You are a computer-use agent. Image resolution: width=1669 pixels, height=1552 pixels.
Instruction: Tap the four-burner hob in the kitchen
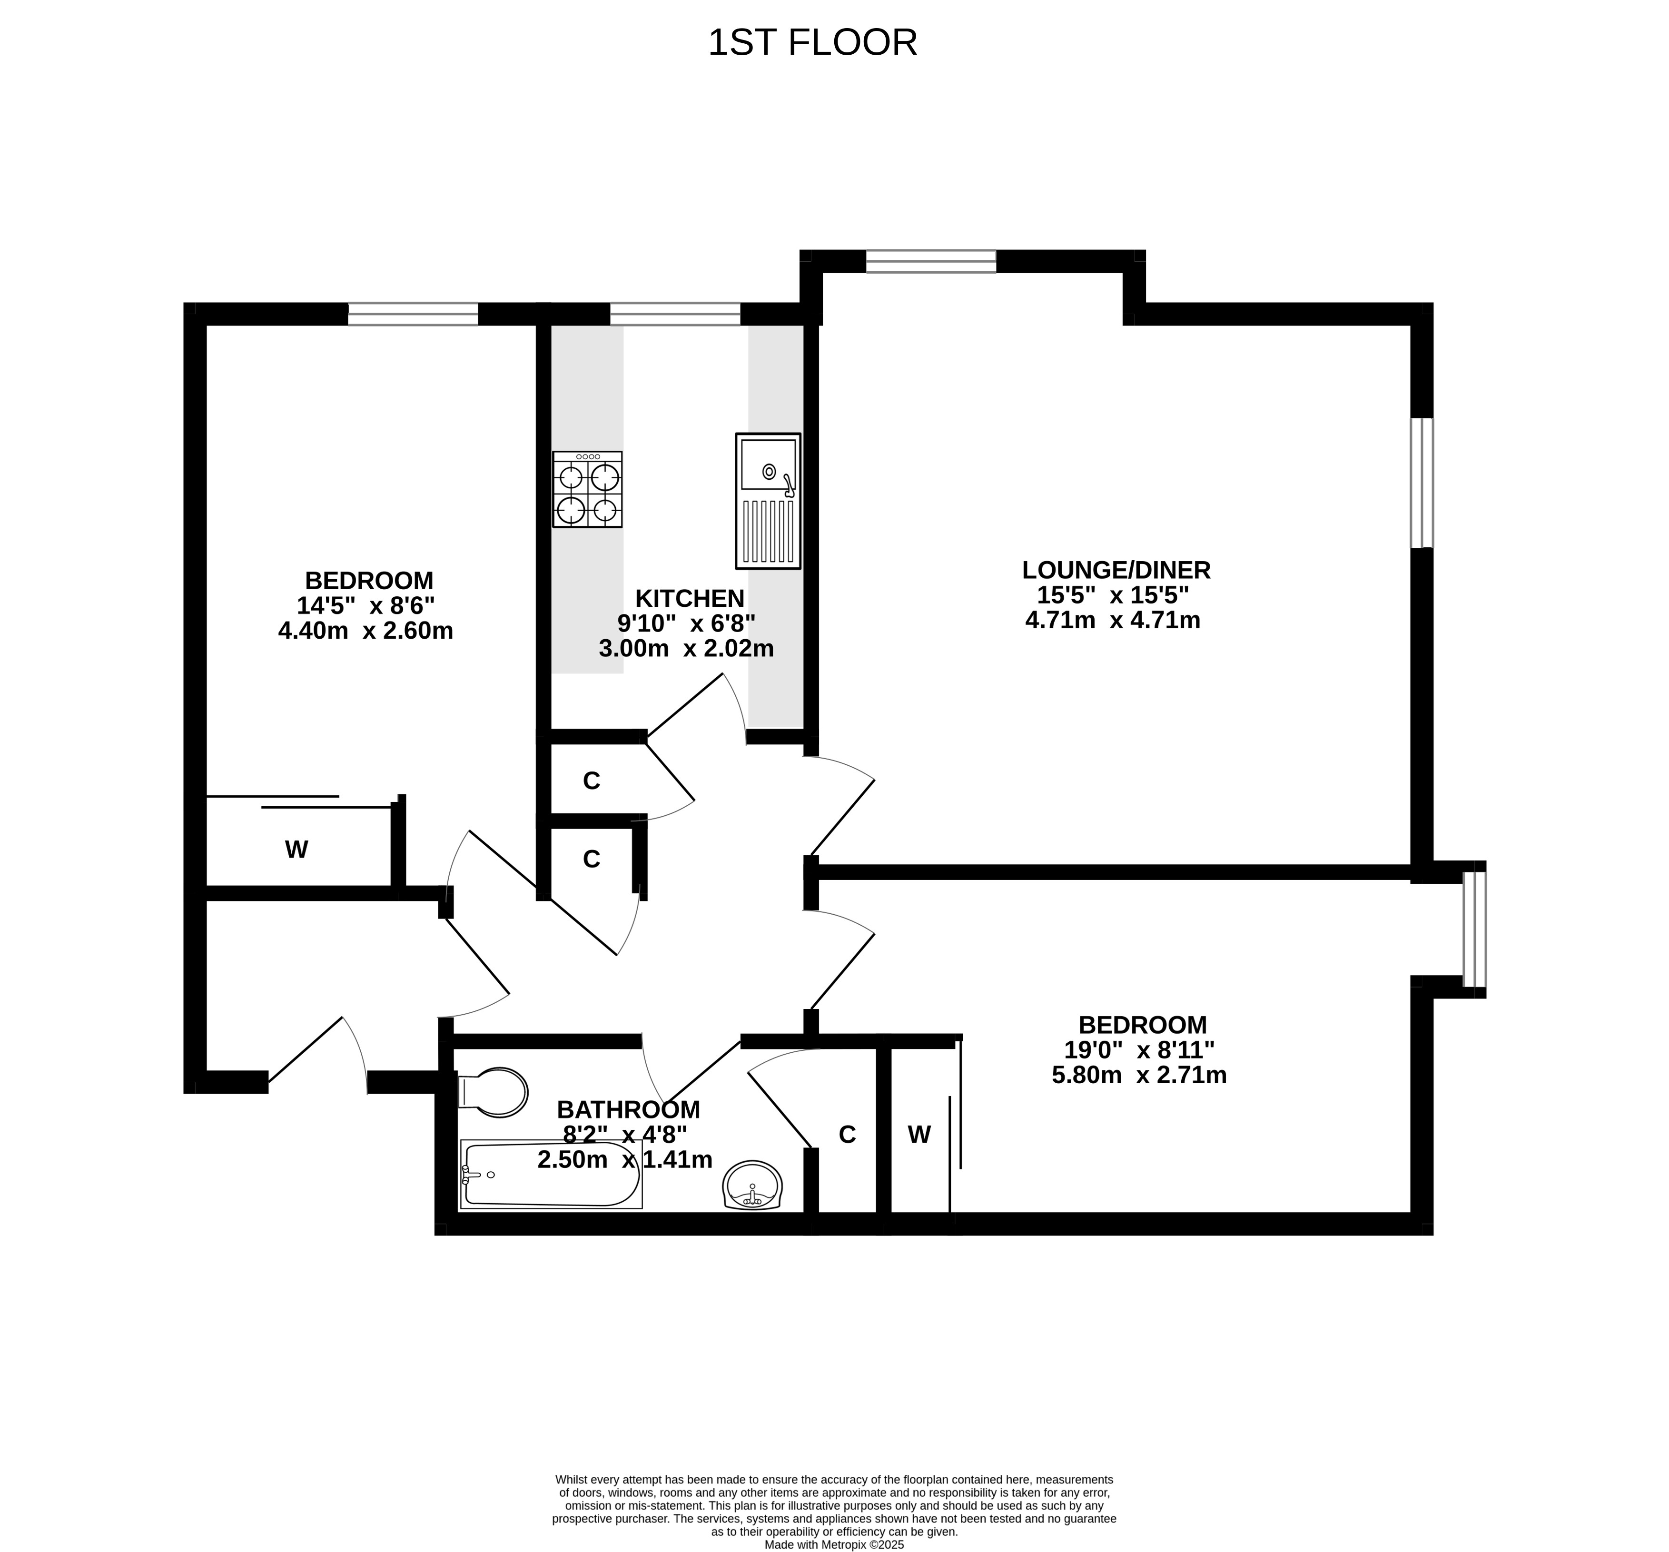[588, 489]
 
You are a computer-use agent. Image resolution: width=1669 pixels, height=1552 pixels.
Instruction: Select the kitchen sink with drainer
[768, 501]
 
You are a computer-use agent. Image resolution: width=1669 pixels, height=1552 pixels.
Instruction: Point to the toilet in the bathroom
[493, 1092]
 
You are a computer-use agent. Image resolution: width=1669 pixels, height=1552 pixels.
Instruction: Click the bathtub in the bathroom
[552, 1174]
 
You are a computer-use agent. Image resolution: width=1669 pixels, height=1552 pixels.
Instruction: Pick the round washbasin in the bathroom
[752, 1185]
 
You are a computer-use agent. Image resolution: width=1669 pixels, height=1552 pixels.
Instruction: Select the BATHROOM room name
[628, 1110]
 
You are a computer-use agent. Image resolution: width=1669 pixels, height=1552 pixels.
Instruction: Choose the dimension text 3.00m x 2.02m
[686, 648]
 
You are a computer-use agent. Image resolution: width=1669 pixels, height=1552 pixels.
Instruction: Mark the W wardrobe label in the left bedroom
[296, 850]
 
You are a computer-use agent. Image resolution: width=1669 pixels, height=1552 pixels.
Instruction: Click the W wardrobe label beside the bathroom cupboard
[919, 1135]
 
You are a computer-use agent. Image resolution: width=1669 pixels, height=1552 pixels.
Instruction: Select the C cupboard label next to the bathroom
[847, 1135]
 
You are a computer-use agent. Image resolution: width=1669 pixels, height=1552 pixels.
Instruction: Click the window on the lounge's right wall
[1422, 483]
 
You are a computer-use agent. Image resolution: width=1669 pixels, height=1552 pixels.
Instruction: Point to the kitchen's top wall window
[675, 314]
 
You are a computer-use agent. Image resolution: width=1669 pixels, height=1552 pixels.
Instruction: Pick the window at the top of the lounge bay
[931, 261]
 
